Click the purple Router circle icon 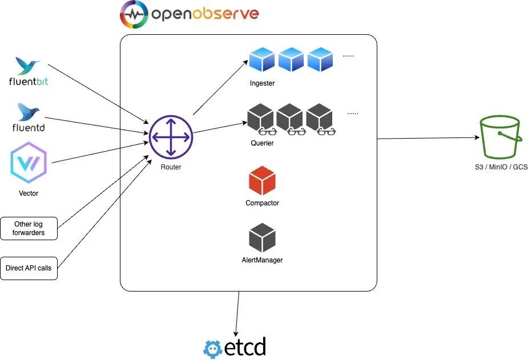(x=171, y=137)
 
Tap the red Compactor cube (x=263, y=180)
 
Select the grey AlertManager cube (x=263, y=238)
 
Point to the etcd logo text (x=245, y=347)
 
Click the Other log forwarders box (x=29, y=228)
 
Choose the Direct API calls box (x=29, y=268)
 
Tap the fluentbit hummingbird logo (x=27, y=66)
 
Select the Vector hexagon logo (x=29, y=164)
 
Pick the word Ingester (x=262, y=83)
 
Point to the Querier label (x=262, y=143)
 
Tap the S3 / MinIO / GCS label (x=502, y=167)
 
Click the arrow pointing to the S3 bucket (x=428, y=138)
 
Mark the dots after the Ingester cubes (x=348, y=56)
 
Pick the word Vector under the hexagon (x=29, y=193)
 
